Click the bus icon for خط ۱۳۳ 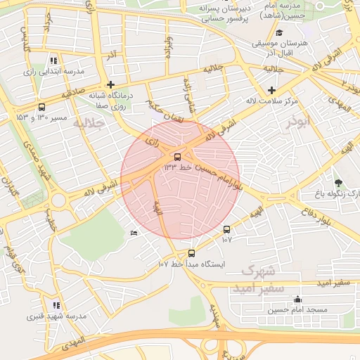[176, 157]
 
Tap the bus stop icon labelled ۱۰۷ [226, 229]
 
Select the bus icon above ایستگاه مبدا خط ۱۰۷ [191, 253]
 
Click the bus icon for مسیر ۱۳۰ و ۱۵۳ [41, 108]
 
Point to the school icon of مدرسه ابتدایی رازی [54, 61]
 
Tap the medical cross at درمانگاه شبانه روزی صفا [110, 84]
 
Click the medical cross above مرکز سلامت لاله [272, 89]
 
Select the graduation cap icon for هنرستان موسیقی [279, 33]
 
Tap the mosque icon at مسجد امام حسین [297, 299]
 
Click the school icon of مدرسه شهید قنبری [56, 306]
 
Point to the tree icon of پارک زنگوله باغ [338, 183]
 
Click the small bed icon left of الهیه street [134, 233]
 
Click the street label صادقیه [72, 94]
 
